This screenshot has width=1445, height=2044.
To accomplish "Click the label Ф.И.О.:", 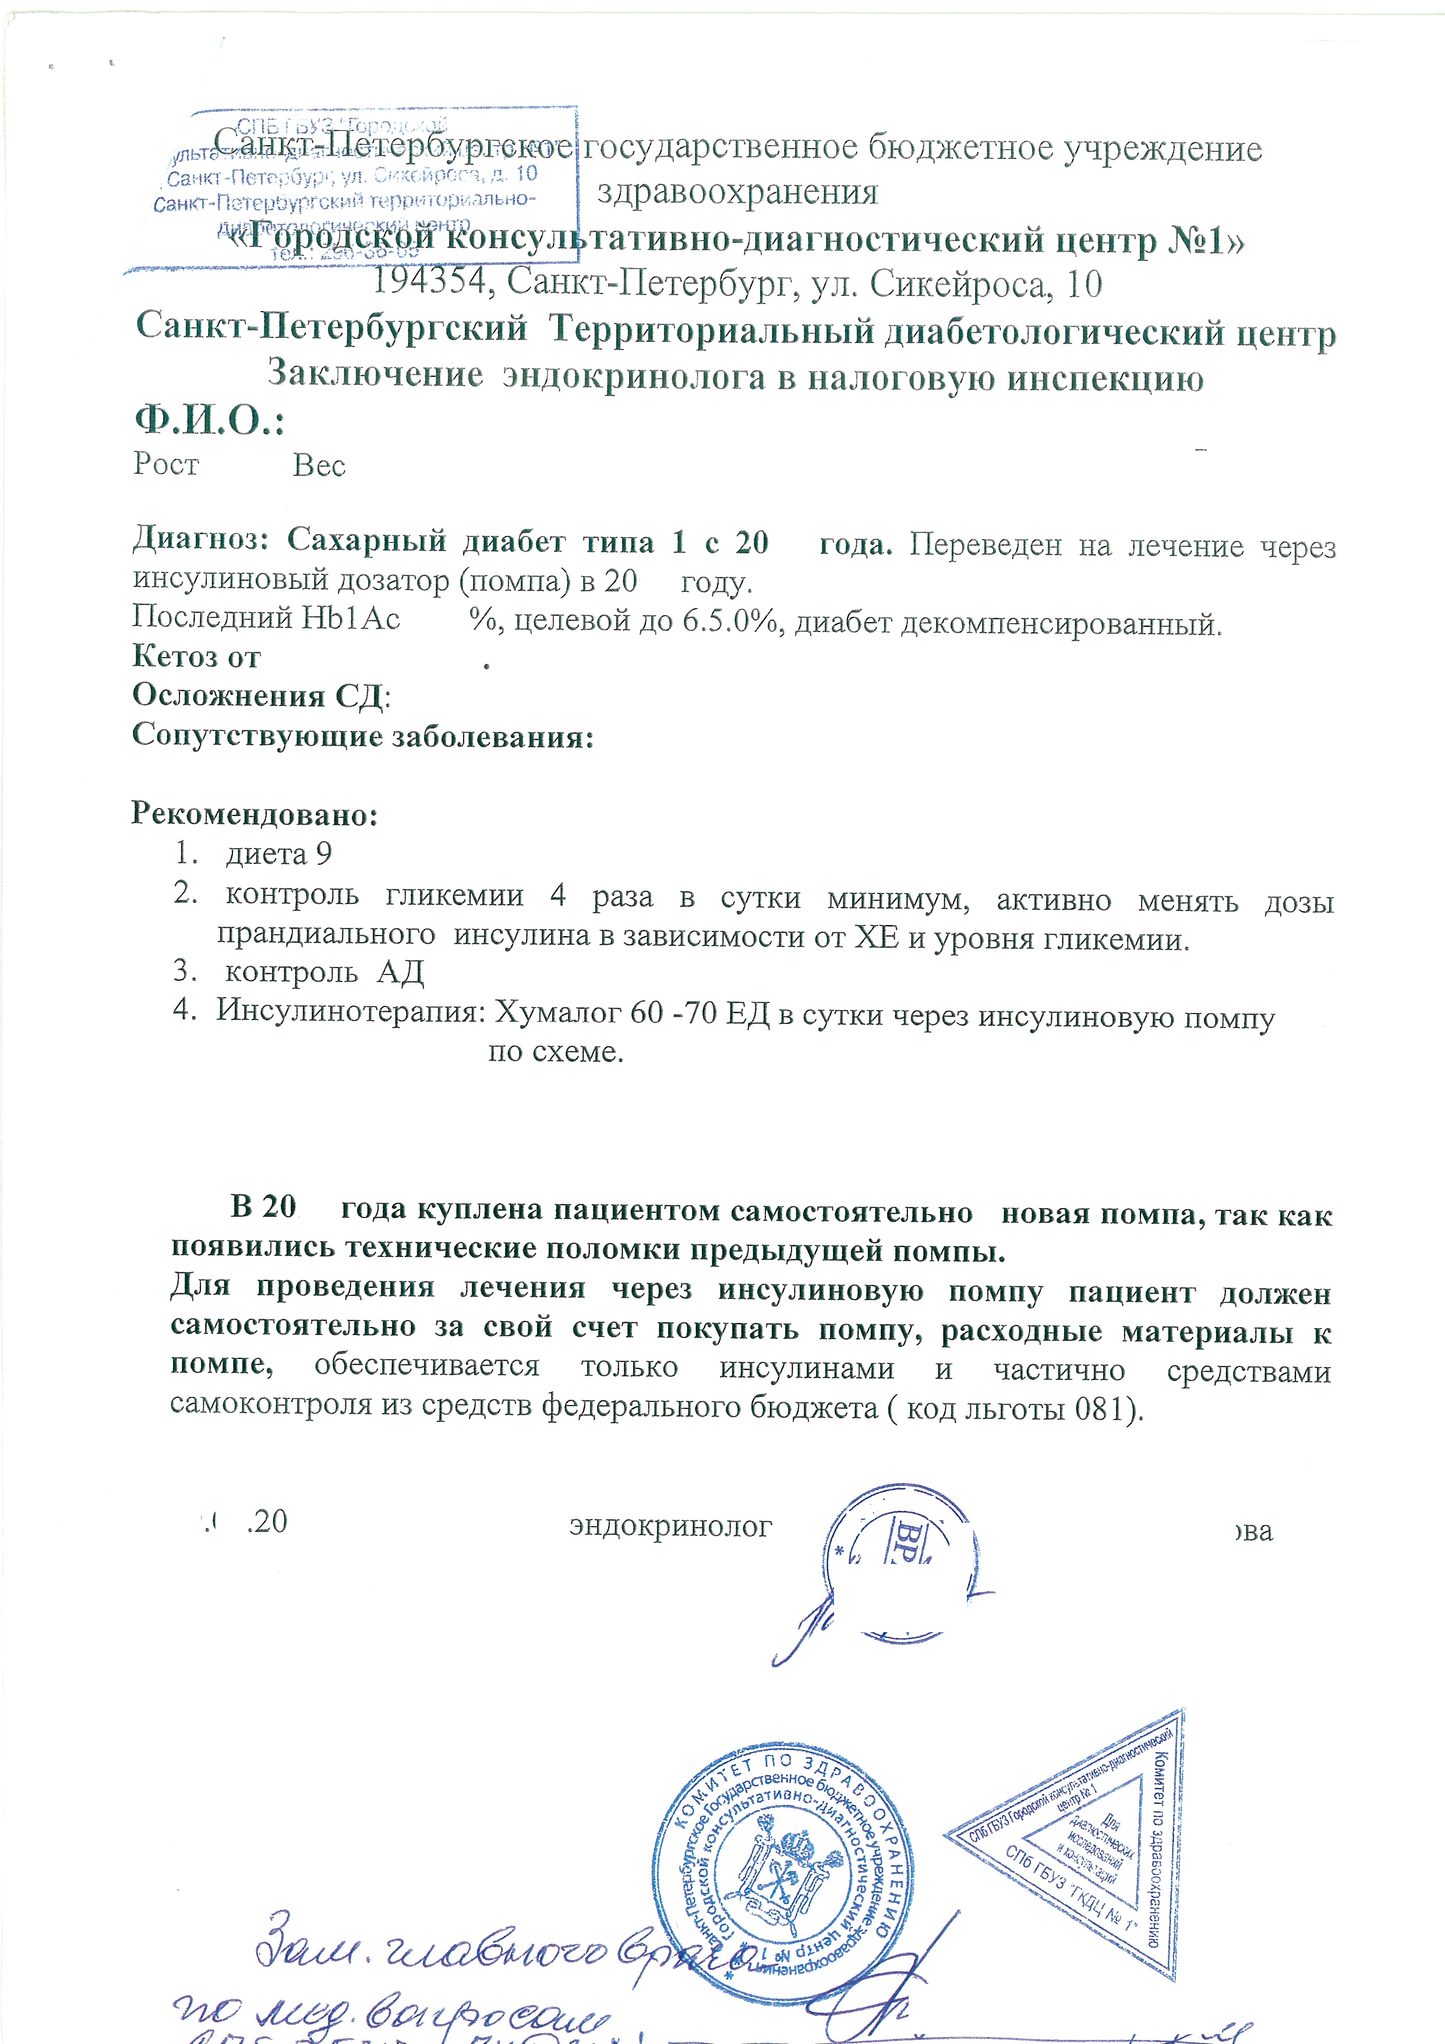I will point(209,420).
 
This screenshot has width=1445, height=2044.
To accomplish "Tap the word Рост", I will point(165,464).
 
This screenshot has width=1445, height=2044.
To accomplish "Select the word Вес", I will point(319,465).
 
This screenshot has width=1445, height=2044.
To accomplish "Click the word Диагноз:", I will point(201,539).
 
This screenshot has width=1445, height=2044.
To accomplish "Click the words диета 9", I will point(278,854).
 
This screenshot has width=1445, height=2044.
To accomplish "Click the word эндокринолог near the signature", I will point(670,1526).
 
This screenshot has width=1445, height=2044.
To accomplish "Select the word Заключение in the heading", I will point(376,374).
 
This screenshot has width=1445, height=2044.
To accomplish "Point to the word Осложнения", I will point(228,696).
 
